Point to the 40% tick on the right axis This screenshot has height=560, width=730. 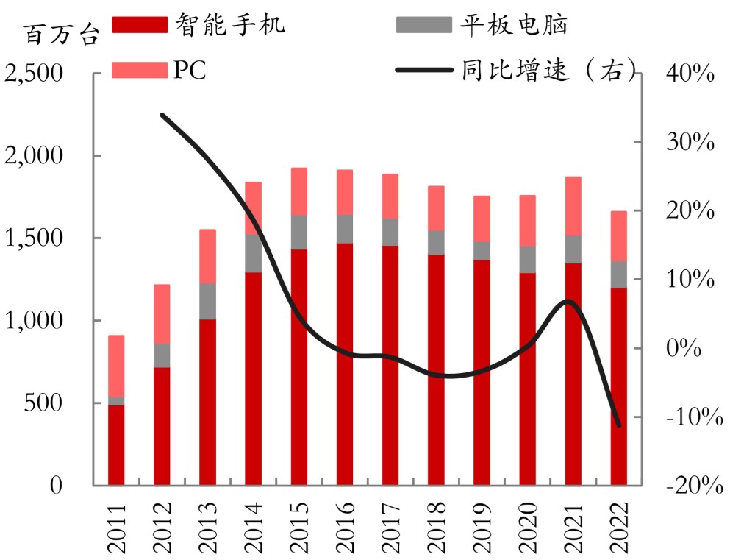[x=688, y=74]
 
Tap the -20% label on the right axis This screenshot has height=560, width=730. [x=688, y=486]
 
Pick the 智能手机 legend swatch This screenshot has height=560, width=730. [x=140, y=24]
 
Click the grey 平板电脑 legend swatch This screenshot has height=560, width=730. [x=423, y=24]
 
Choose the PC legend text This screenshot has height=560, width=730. [x=190, y=70]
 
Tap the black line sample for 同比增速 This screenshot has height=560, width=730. [x=423, y=71]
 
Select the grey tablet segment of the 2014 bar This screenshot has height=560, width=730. [x=254, y=253]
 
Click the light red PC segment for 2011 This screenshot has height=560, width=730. [x=116, y=366]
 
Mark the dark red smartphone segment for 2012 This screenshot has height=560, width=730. [x=162, y=426]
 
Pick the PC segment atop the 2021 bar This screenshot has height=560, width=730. [x=573, y=206]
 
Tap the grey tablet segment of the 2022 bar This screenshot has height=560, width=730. [x=618, y=274]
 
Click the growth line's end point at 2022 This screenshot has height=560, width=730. [x=618, y=425]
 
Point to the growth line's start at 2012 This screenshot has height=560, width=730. [x=162, y=116]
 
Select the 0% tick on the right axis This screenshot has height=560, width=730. [x=688, y=348]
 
